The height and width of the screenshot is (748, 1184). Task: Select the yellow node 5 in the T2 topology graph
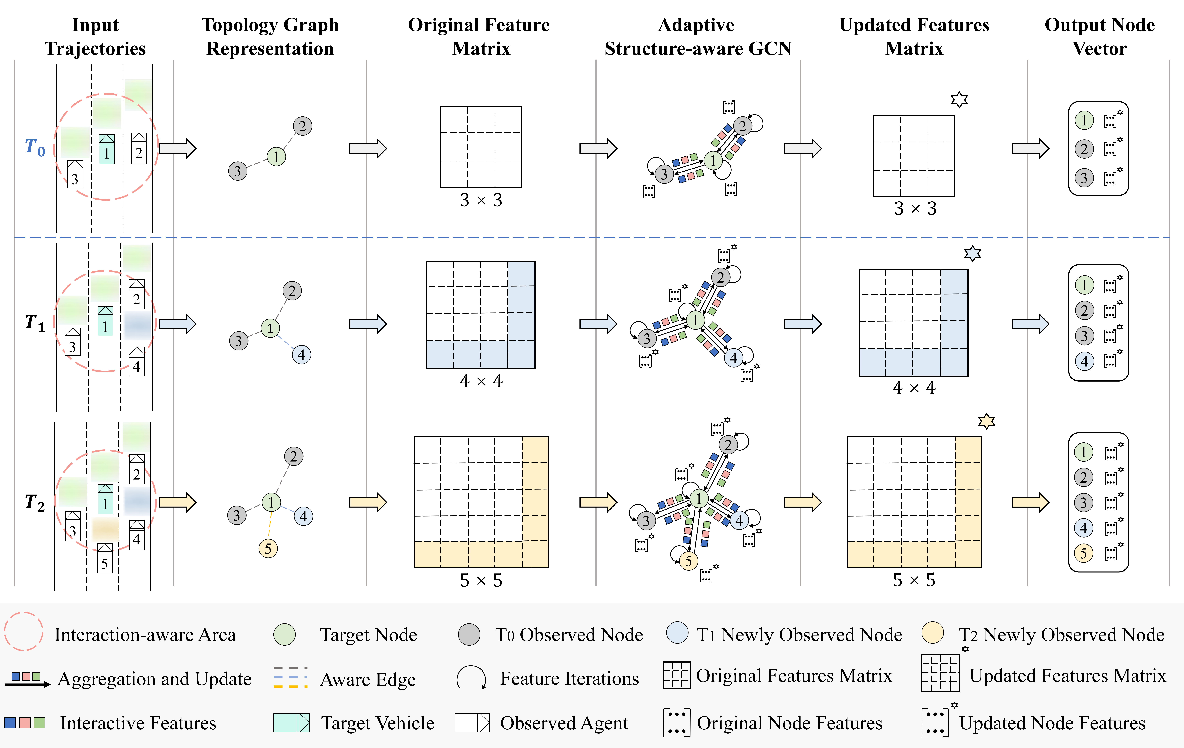click(x=268, y=548)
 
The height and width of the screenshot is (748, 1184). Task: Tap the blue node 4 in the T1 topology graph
click(x=301, y=355)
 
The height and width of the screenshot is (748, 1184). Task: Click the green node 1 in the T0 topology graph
click(x=276, y=157)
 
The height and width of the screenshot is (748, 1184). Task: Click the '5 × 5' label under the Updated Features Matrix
click(x=914, y=580)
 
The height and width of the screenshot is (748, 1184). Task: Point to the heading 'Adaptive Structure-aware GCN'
click(x=698, y=37)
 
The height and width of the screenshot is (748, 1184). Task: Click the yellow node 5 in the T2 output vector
click(x=1084, y=553)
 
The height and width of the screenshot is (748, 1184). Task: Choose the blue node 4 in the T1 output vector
click(x=1084, y=361)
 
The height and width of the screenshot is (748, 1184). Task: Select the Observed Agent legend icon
click(x=472, y=722)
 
